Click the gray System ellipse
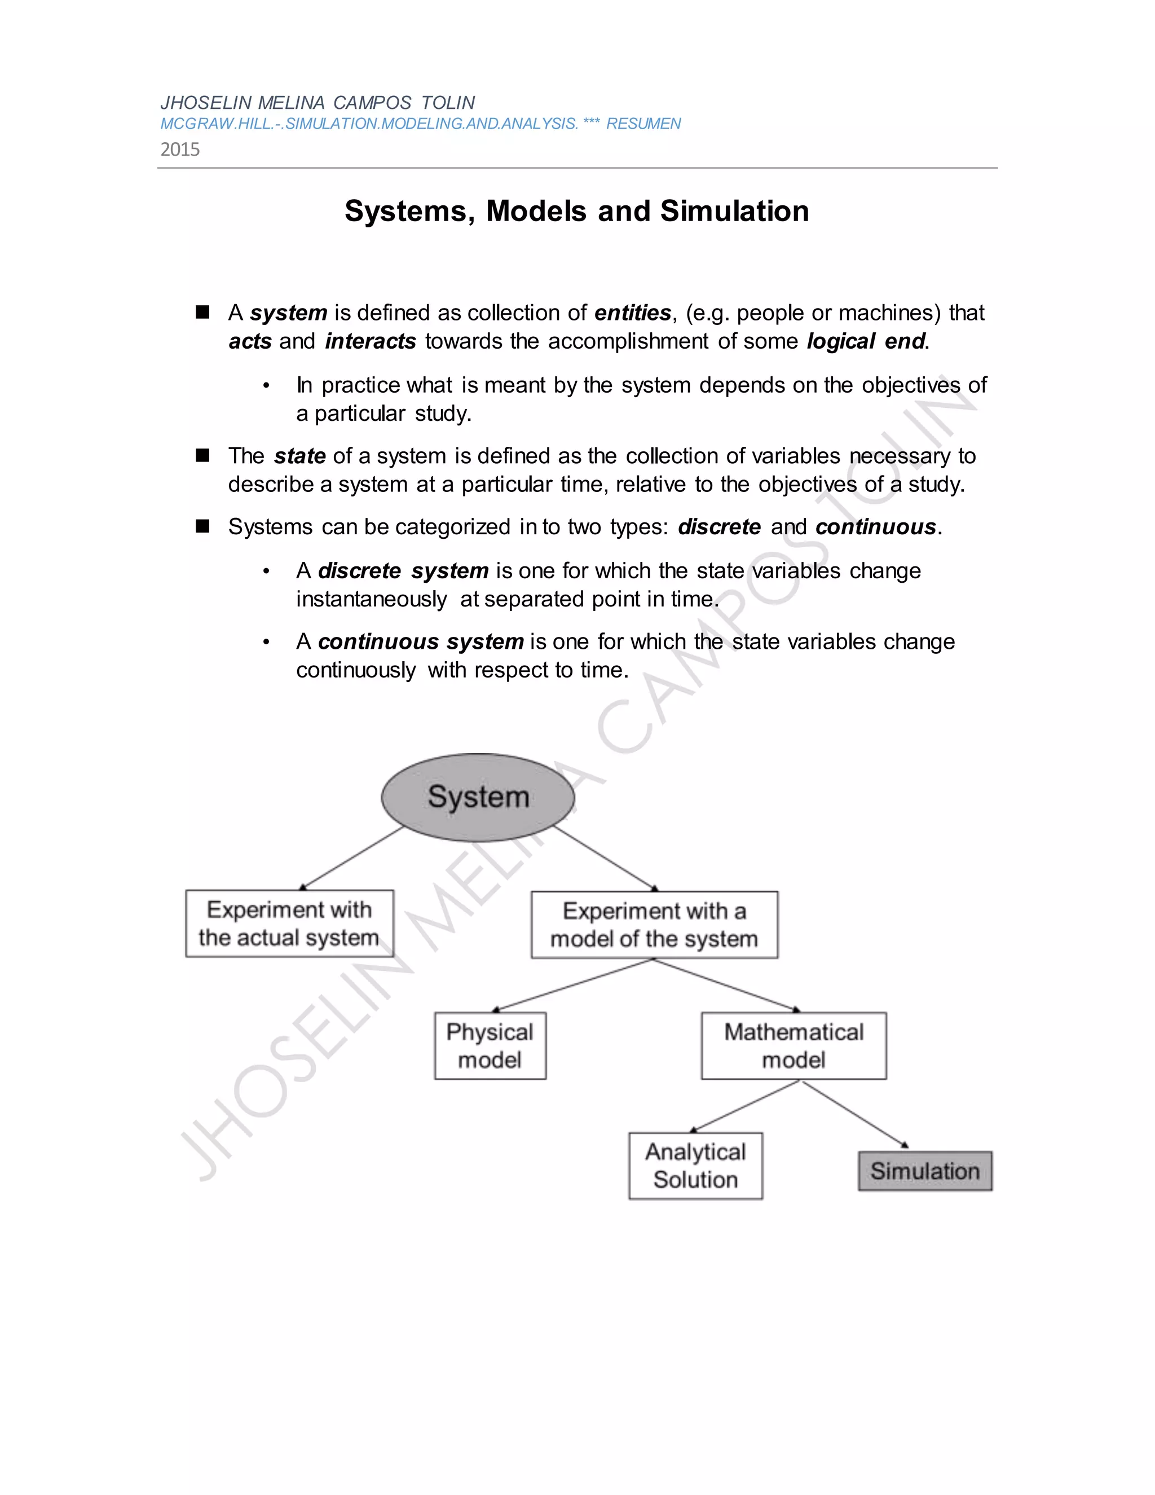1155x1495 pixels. pos(478,798)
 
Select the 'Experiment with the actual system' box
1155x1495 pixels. pos(289,924)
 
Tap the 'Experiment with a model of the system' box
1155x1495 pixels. pos(654,925)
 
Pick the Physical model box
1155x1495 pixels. pos(490,1046)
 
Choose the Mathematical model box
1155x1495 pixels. pos(793,1046)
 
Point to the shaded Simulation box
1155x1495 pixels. pos(925,1171)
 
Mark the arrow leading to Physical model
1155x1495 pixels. pos(574,985)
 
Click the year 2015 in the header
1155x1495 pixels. pos(180,149)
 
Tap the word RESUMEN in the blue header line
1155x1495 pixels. pos(643,124)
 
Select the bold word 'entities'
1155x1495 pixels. pos(632,313)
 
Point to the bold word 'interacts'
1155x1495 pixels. pos(370,341)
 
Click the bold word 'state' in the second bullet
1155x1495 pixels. pos(299,456)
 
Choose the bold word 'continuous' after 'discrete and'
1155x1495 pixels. pos(875,527)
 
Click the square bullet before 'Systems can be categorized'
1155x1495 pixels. pos(202,526)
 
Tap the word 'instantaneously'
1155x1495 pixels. pos(372,600)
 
